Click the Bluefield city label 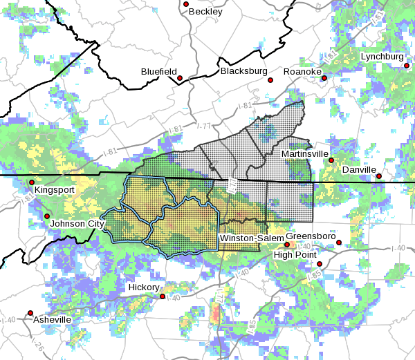coord(158,71)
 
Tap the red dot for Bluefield coord(180,79)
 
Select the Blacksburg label coord(243,71)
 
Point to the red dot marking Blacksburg coord(271,79)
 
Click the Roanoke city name coord(302,71)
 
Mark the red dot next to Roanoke coord(324,78)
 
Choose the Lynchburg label coord(381,56)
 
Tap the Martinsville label coord(305,153)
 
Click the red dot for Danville coord(379,176)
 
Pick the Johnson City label coord(77,224)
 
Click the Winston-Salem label coord(250,238)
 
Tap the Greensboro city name coord(311,236)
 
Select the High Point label coord(295,254)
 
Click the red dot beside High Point coord(320,263)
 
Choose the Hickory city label coord(144,287)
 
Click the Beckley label coord(207,12)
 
